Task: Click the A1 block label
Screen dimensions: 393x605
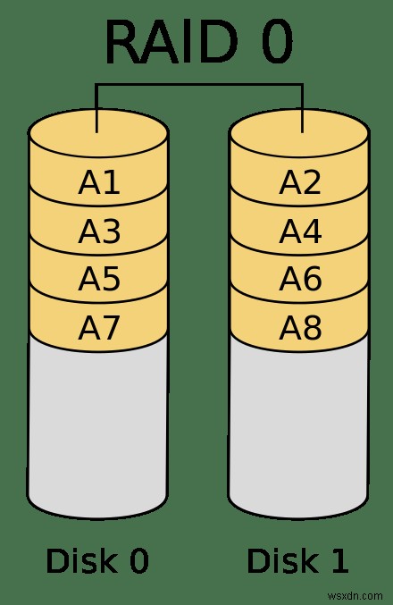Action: pyautogui.click(x=99, y=182)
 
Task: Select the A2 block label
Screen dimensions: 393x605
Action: pyautogui.click(x=300, y=182)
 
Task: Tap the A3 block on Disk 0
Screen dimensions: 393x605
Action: pyautogui.click(x=99, y=231)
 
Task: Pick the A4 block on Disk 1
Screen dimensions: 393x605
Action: pyautogui.click(x=300, y=231)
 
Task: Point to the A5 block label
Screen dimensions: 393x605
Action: pyautogui.click(x=99, y=279)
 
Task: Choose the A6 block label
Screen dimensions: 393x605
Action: pyautogui.click(x=300, y=279)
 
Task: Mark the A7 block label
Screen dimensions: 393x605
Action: pyautogui.click(x=99, y=328)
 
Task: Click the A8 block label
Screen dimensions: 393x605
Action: pyautogui.click(x=300, y=328)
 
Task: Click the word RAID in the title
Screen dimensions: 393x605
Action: pyautogui.click(x=171, y=41)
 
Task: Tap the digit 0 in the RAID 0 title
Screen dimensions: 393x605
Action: pyautogui.click(x=277, y=41)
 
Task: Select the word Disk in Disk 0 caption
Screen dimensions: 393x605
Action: pyautogui.click(x=82, y=560)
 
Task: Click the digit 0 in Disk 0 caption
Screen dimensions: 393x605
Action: pyautogui.click(x=139, y=561)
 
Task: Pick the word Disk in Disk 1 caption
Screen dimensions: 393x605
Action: pyautogui.click(x=283, y=560)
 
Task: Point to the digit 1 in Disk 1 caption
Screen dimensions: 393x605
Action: pyautogui.click(x=339, y=561)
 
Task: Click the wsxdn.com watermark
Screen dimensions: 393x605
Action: pyautogui.click(x=355, y=596)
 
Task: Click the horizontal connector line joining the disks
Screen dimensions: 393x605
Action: pyautogui.click(x=199, y=85)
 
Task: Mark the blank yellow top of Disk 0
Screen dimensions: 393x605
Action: pyautogui.click(x=98, y=133)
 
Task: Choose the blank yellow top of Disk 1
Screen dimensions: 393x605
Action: pyautogui.click(x=299, y=133)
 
